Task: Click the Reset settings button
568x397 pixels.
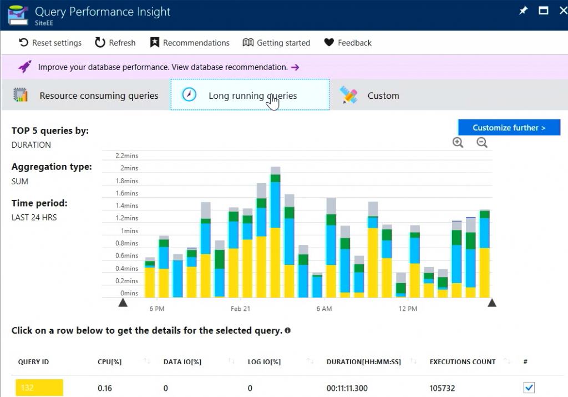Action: pyautogui.click(x=50, y=43)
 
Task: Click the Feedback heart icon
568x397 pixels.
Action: pyautogui.click(x=329, y=43)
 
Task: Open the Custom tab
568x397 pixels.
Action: pyautogui.click(x=371, y=96)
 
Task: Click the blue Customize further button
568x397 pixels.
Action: pyautogui.click(x=509, y=128)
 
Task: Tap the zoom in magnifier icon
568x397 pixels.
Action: pyautogui.click(x=458, y=143)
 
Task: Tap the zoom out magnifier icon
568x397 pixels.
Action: pyautogui.click(x=482, y=143)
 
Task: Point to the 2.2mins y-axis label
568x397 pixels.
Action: pyautogui.click(x=127, y=155)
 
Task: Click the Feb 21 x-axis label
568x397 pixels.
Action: pyautogui.click(x=240, y=309)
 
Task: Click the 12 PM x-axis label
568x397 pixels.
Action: pyautogui.click(x=408, y=309)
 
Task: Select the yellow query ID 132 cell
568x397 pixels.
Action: pyautogui.click(x=39, y=388)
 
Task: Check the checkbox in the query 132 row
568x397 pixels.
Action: pyautogui.click(x=529, y=388)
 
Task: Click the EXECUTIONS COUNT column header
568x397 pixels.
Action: pyautogui.click(x=463, y=362)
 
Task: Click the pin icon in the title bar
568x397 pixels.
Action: pyautogui.click(x=523, y=11)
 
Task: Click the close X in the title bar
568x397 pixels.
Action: pyautogui.click(x=563, y=11)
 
